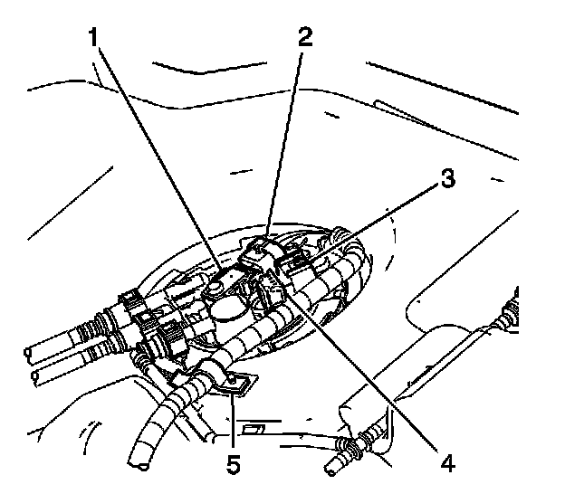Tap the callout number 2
point(305,38)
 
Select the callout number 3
point(445,179)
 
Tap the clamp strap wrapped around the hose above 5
point(215,374)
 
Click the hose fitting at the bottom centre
point(349,446)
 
